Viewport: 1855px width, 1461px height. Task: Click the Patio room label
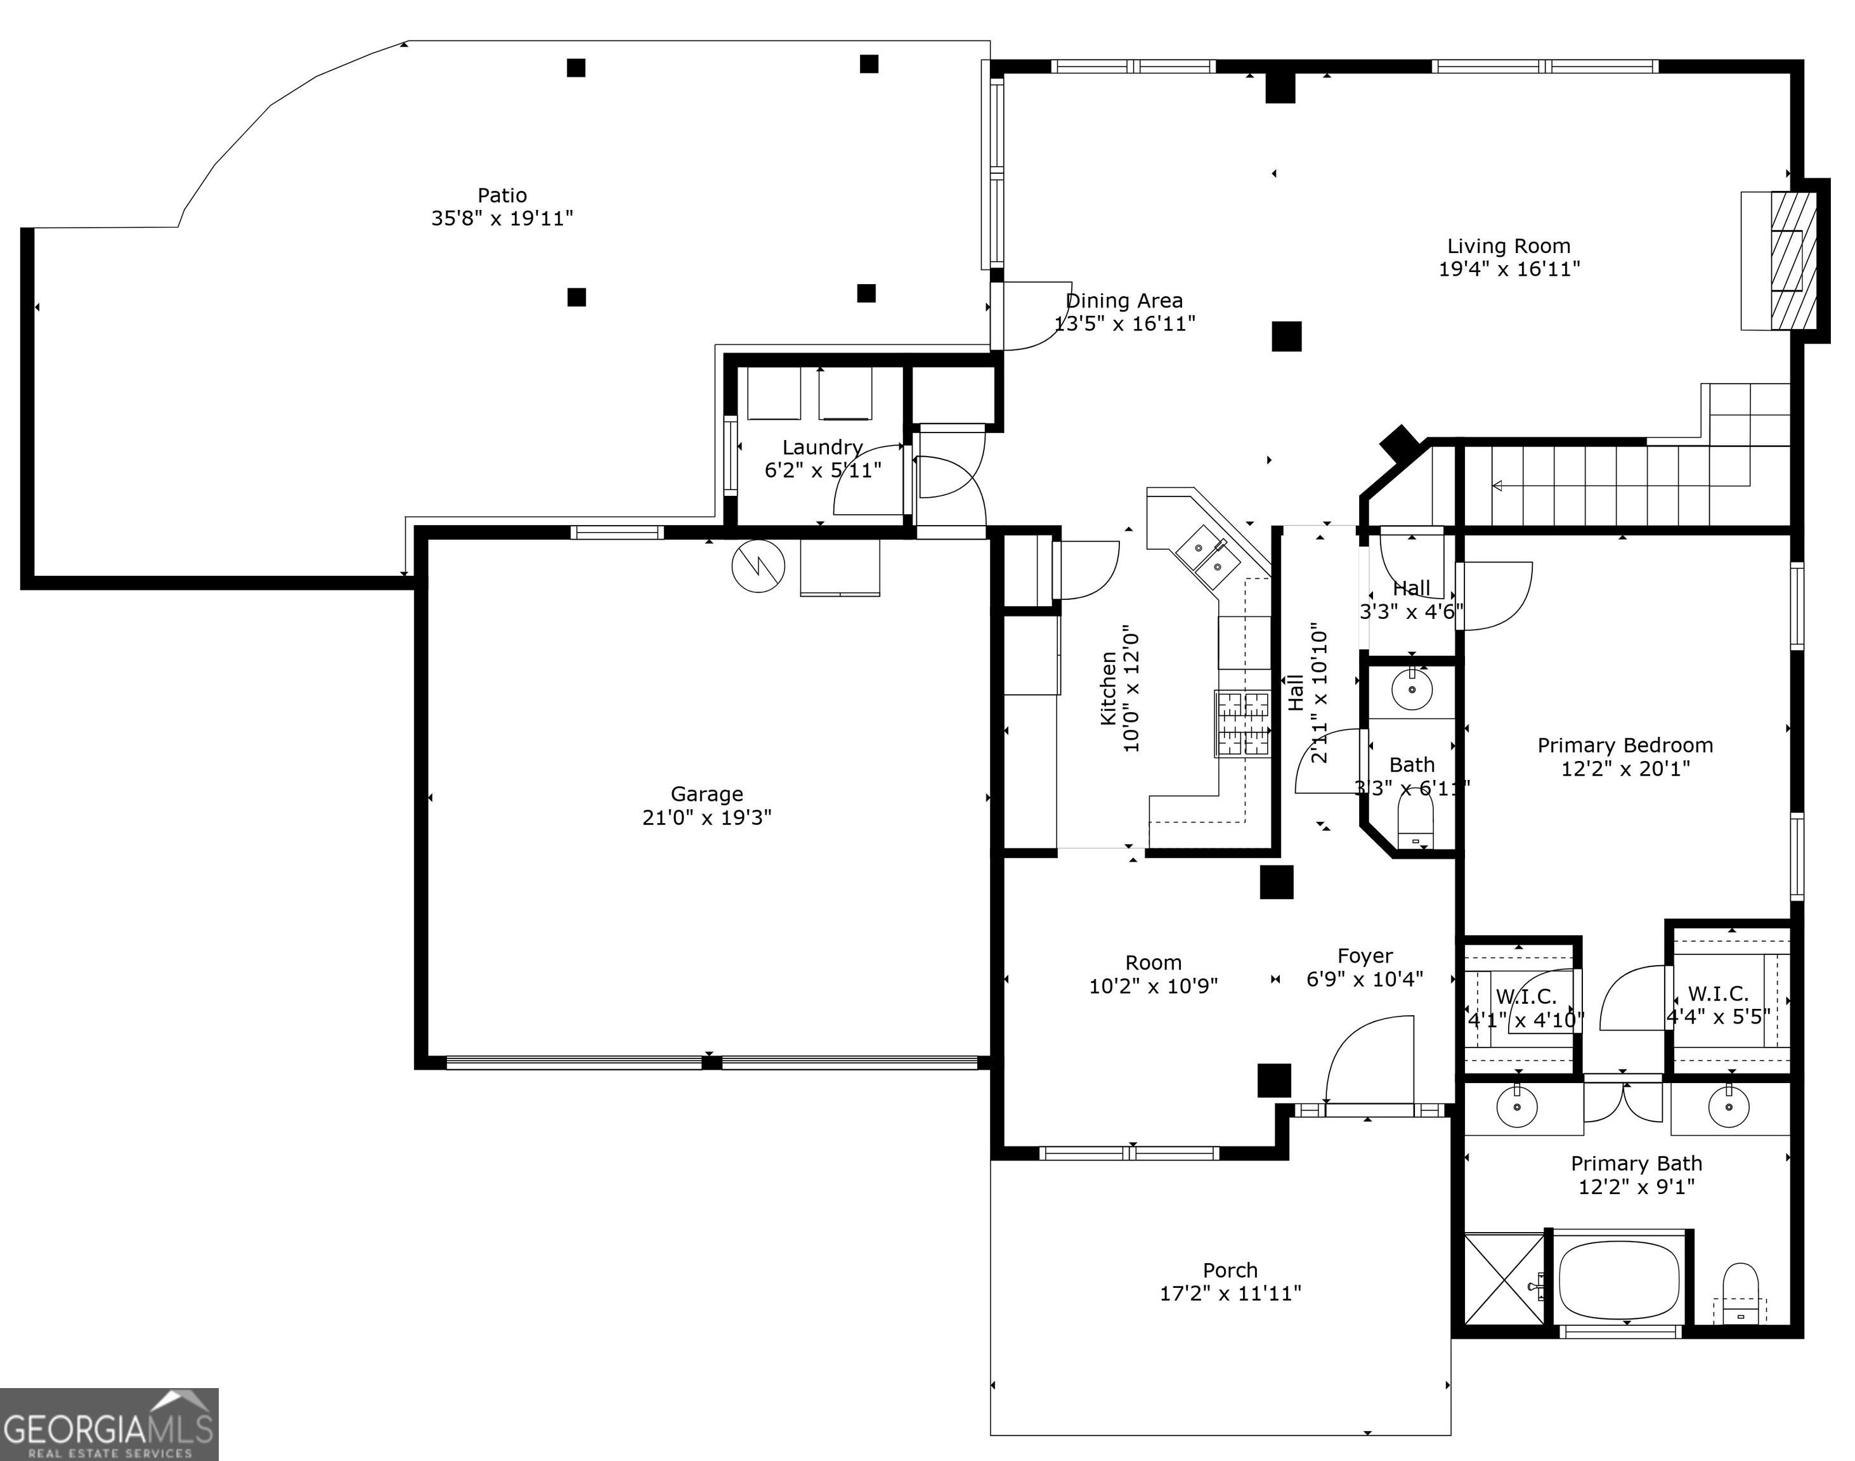[x=502, y=195]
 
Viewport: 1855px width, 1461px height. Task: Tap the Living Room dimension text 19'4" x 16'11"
[x=1509, y=269]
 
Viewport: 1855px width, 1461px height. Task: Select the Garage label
[x=706, y=794]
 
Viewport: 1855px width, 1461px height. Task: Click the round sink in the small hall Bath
[x=1412, y=689]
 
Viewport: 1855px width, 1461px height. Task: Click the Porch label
[x=1230, y=1270]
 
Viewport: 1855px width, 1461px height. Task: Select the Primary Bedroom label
[x=1625, y=745]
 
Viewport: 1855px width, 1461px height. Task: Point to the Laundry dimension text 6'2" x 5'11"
[x=823, y=470]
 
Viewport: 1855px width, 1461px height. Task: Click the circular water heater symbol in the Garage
[x=758, y=566]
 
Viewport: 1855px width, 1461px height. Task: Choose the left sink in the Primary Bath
[x=1517, y=1108]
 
